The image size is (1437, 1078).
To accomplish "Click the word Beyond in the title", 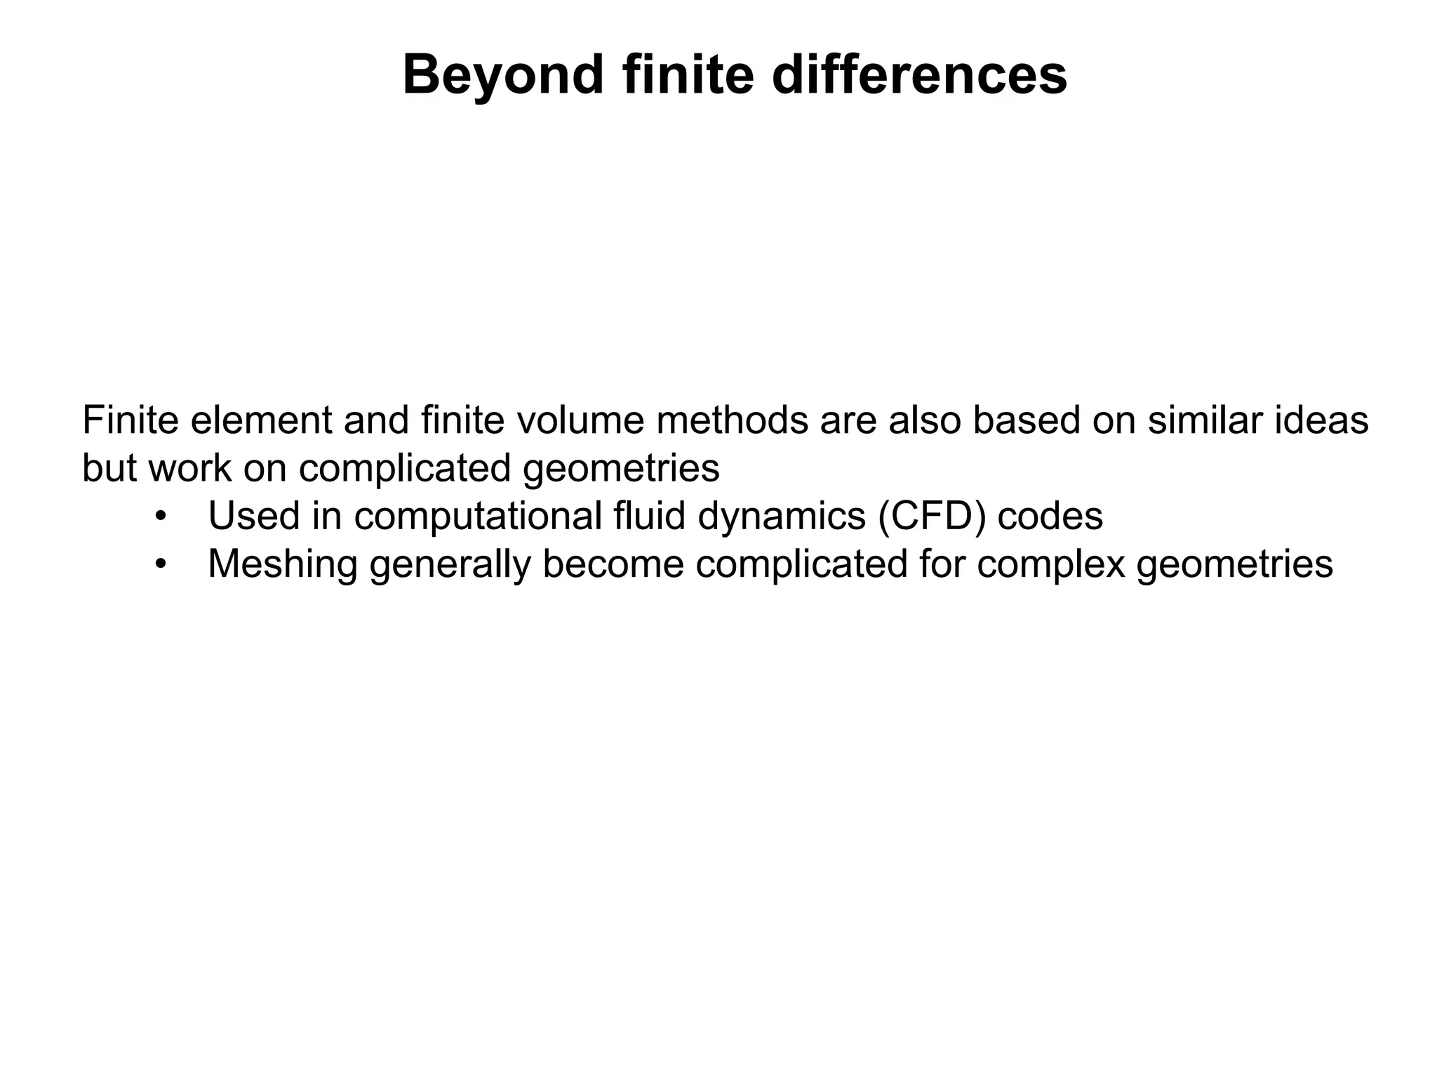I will pos(503,76).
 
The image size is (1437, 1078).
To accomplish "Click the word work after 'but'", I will pos(189,468).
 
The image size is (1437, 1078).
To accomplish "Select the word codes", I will pos(1050,517).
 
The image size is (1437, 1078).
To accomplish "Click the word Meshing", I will pos(283,564).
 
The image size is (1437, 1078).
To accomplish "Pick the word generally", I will pos(450,564).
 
